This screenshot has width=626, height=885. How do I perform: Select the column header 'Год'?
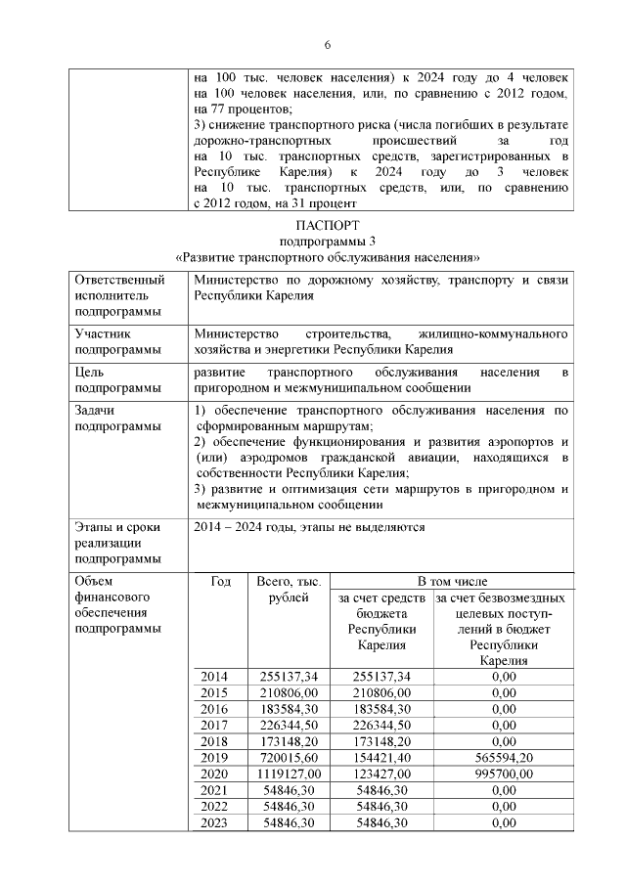tap(221, 582)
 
